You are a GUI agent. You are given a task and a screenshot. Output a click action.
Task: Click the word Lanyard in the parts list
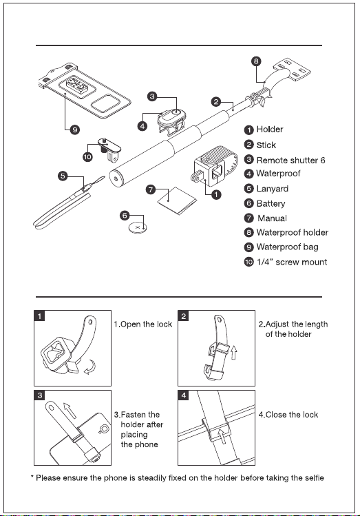(272, 189)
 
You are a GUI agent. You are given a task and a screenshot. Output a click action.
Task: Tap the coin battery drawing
(138, 228)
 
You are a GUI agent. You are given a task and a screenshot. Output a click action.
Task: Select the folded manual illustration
(177, 201)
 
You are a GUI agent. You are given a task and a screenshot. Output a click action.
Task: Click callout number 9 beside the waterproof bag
(75, 130)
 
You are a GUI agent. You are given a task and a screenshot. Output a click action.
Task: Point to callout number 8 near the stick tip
(256, 61)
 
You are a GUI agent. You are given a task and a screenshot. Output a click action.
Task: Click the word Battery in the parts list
(271, 204)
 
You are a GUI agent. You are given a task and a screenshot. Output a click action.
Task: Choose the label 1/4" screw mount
(292, 262)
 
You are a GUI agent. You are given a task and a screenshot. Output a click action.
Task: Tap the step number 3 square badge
(39, 395)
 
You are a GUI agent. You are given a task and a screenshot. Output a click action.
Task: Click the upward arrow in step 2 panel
(234, 353)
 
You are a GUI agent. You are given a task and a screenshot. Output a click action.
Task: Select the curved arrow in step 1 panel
(89, 367)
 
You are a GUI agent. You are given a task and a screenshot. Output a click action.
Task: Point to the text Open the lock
(147, 324)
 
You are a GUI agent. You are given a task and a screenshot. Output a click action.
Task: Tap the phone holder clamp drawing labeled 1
(215, 165)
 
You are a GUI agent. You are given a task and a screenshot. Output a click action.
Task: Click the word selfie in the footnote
(315, 477)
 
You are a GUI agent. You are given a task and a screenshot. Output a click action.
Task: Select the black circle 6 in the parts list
(249, 203)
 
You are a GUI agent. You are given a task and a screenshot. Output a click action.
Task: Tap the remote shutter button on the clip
(176, 112)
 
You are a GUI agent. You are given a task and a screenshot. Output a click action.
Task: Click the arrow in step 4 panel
(223, 436)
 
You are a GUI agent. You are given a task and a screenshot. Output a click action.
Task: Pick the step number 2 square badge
(184, 316)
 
